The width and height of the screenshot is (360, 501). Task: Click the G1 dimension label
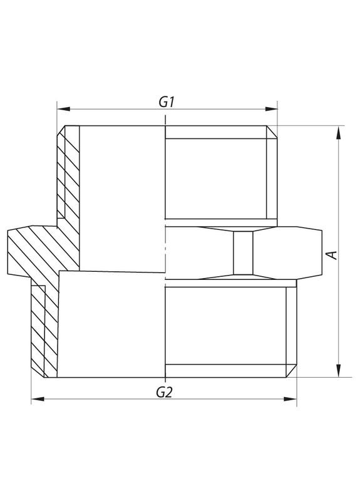pyautogui.click(x=165, y=100)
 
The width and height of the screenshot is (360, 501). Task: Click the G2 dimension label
pyautogui.click(x=165, y=393)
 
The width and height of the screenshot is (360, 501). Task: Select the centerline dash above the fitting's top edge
pyautogui.click(x=165, y=119)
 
